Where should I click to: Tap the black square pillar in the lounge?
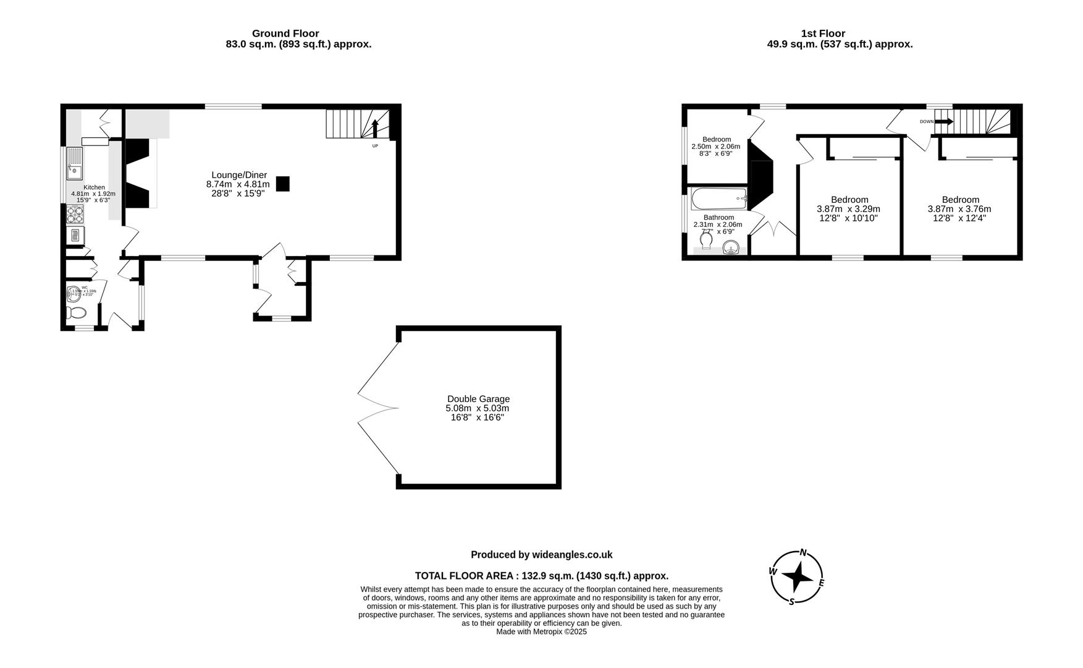(x=282, y=184)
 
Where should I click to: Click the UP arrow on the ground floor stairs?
(x=374, y=130)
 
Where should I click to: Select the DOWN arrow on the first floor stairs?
(x=943, y=122)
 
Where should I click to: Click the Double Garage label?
(x=478, y=399)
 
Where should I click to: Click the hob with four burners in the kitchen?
(x=75, y=214)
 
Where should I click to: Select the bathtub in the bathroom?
(x=719, y=199)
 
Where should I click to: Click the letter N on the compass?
(x=803, y=552)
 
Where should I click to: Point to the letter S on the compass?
(x=791, y=601)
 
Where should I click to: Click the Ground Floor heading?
(x=285, y=33)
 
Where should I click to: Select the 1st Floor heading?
(x=823, y=33)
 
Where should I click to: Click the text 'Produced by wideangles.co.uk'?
(x=541, y=555)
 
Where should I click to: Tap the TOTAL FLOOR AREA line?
(x=541, y=576)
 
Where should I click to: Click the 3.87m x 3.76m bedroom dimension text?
(x=959, y=209)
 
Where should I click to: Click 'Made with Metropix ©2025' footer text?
(x=541, y=632)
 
